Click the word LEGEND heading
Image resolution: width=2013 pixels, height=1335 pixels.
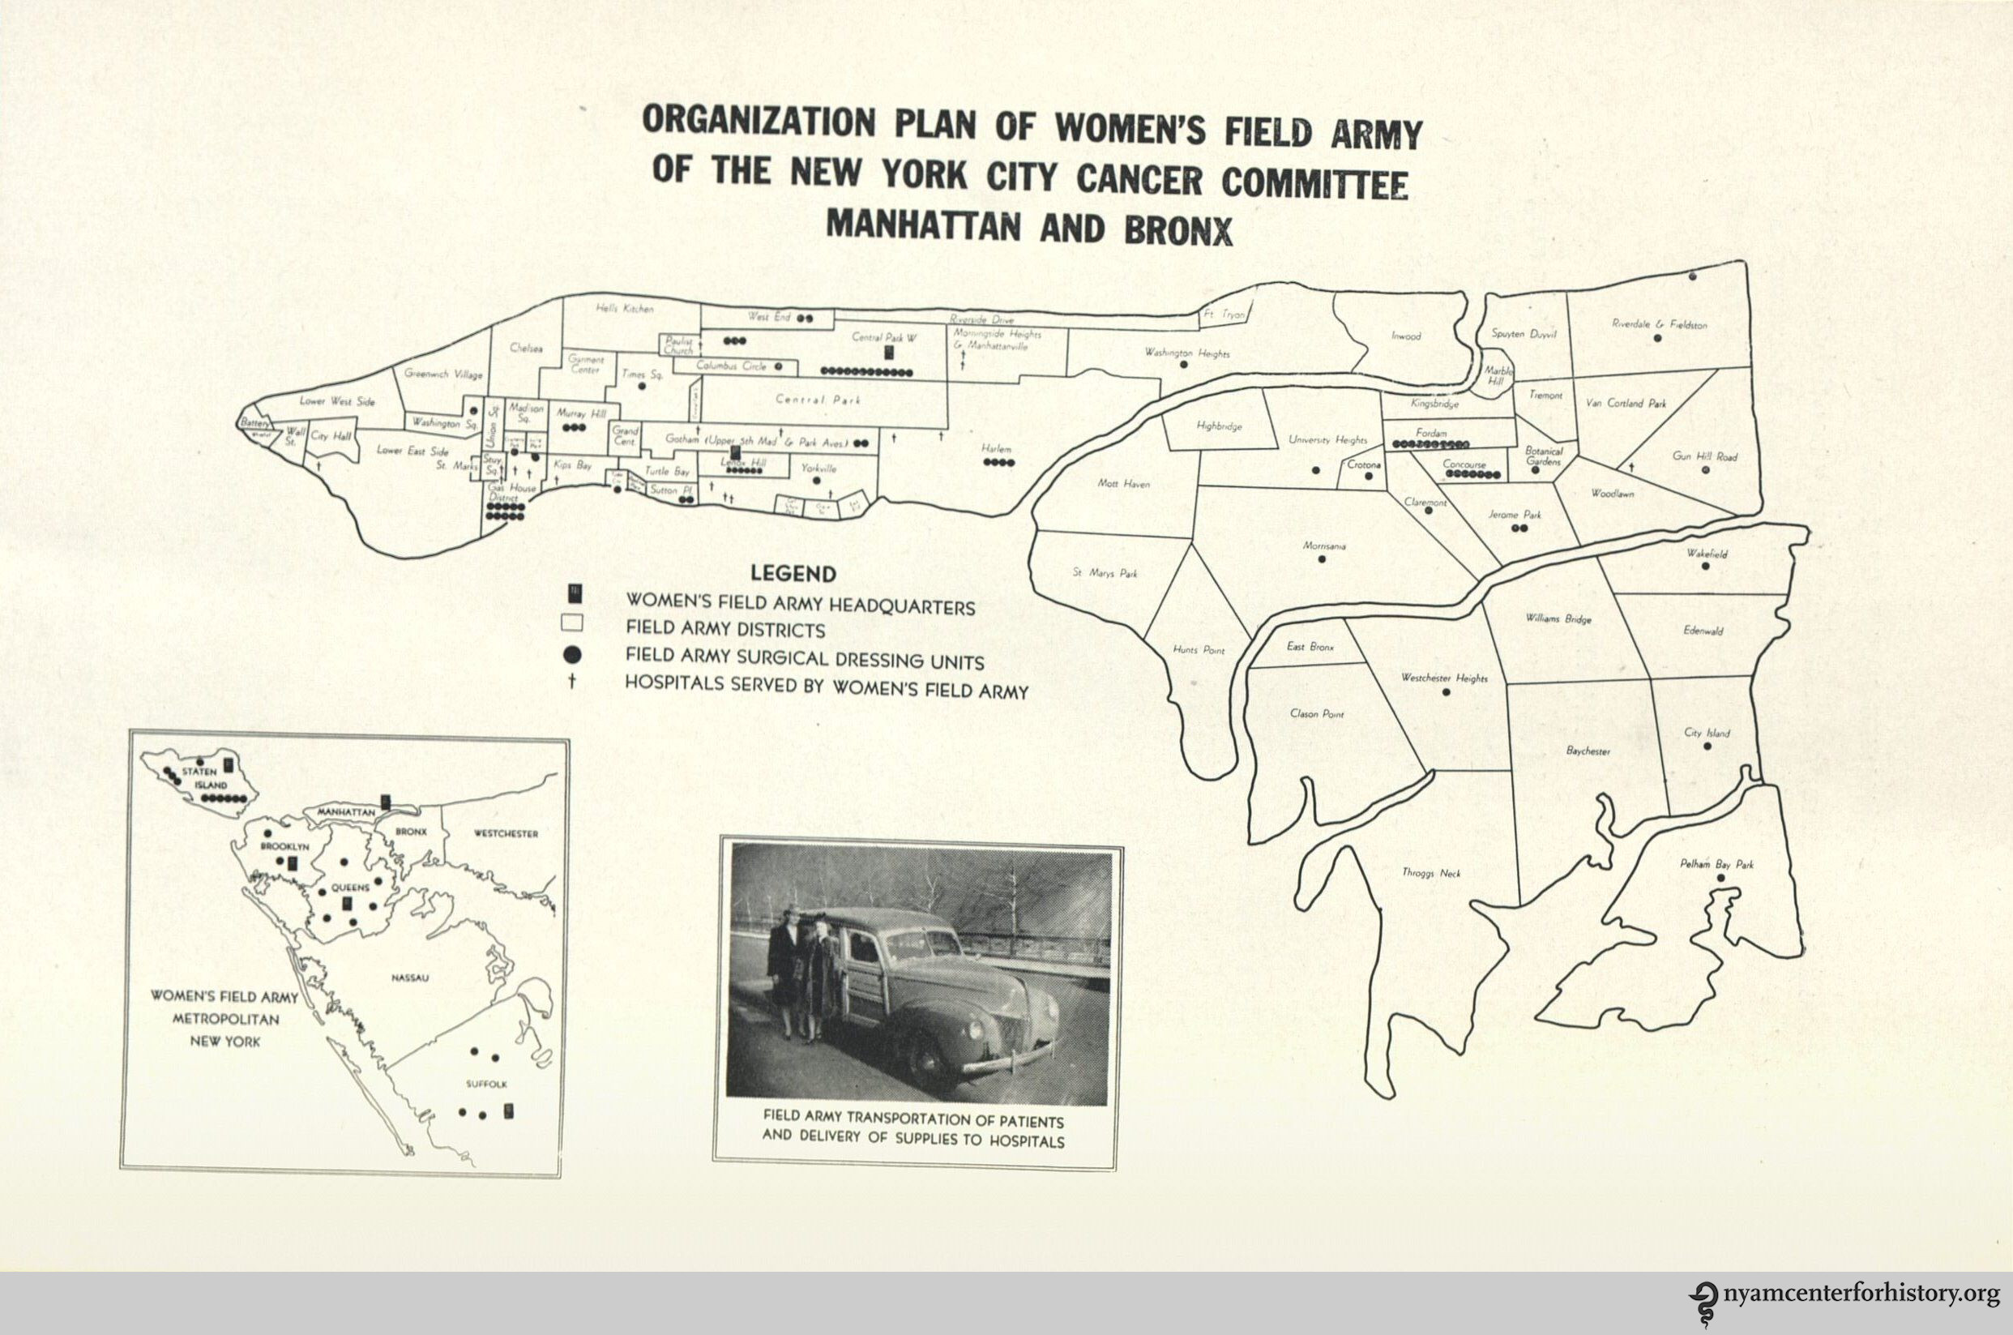(793, 574)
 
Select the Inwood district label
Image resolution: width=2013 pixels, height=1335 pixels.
(1406, 336)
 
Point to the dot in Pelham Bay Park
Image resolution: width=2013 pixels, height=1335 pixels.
(1721, 877)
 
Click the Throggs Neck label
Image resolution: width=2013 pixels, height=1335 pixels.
(1431, 873)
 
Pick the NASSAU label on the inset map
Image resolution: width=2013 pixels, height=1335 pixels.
(408, 978)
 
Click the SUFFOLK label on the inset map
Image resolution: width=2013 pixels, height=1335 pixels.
(487, 1084)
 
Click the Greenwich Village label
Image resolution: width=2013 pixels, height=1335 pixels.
(443, 374)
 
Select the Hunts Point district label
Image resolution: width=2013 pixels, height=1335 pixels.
(1198, 648)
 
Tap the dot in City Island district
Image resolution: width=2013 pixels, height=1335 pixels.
(1707, 747)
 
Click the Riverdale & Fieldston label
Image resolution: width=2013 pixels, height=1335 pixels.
(1659, 324)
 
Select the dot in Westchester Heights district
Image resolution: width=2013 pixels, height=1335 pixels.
(1445, 692)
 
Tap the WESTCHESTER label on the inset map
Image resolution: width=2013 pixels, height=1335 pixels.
(506, 834)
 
